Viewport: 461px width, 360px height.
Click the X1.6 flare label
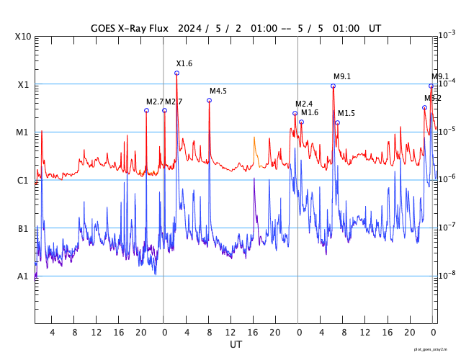coord(184,64)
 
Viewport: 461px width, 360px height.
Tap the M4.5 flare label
coord(218,91)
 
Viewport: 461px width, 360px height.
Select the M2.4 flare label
coord(304,104)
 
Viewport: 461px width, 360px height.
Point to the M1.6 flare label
coord(310,112)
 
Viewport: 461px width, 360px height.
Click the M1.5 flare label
coord(346,113)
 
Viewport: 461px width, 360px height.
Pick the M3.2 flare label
coord(432,98)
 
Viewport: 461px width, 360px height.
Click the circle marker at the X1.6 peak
coord(176,73)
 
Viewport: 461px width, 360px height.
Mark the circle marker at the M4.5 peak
coord(209,100)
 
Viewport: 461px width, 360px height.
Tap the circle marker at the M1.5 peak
coord(337,122)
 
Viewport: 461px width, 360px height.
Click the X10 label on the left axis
coord(23,37)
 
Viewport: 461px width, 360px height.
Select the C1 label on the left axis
coord(23,180)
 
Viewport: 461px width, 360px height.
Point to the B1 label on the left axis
coord(23,228)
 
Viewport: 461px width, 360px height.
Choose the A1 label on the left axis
coord(23,276)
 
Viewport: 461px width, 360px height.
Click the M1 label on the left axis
coord(23,132)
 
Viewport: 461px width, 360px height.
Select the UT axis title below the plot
coord(236,344)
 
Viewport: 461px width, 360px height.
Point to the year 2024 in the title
coord(192,28)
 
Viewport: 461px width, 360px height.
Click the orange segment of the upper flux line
coord(255,150)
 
